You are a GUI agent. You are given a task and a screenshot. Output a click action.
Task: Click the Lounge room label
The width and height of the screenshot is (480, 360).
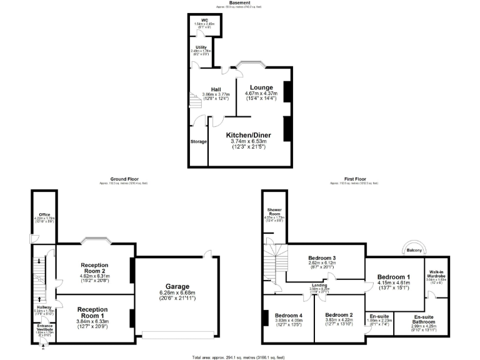[261, 87]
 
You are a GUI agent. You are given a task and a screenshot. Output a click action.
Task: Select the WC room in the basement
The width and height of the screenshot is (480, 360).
[204, 21]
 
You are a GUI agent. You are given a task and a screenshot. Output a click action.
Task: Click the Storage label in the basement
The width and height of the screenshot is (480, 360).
[199, 142]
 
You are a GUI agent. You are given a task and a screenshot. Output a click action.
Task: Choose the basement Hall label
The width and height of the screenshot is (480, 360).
[216, 89]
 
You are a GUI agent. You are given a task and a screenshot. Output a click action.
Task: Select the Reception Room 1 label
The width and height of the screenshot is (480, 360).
[92, 311]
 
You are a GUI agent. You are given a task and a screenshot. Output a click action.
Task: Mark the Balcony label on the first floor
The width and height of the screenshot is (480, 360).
[414, 251]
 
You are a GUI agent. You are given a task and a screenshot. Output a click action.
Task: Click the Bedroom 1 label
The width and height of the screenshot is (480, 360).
[394, 276]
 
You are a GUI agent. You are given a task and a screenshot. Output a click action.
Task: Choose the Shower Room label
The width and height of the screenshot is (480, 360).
[275, 211]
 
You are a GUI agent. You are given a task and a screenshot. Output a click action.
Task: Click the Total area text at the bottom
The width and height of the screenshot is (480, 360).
[239, 357]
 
